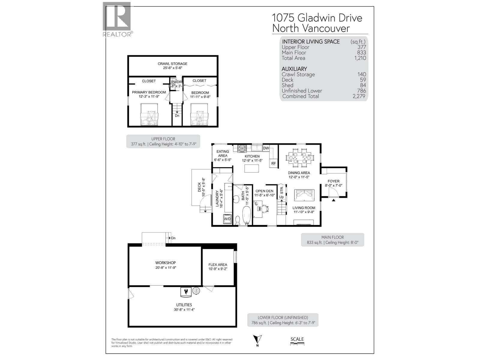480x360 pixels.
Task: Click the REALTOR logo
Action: (117, 19)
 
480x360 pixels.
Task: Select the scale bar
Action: (297, 345)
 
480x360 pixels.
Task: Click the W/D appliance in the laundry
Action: (227, 219)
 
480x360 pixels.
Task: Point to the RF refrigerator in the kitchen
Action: (274, 163)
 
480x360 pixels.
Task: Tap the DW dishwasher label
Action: (266, 148)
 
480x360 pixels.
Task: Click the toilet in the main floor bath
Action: (238, 220)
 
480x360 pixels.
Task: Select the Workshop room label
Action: (165, 263)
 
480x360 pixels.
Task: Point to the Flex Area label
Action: (218, 265)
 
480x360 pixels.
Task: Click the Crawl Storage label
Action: (172, 64)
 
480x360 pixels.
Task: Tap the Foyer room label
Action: (333, 181)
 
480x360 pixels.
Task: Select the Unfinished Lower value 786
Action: (361, 91)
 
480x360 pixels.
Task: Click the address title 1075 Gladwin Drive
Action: (317, 18)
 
